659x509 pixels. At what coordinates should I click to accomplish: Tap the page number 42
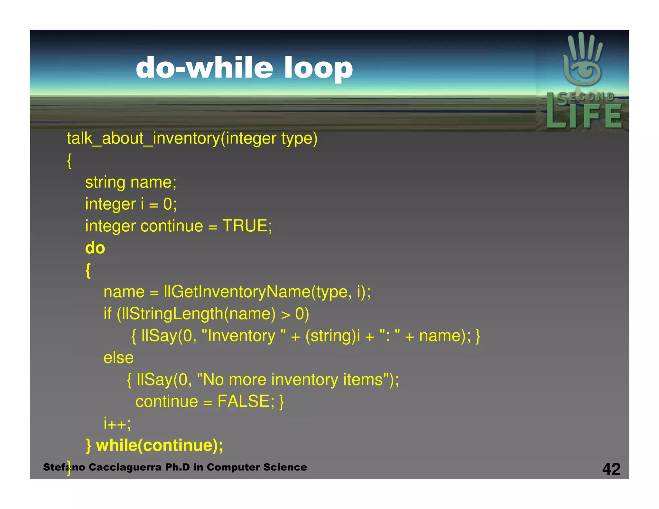[x=611, y=469]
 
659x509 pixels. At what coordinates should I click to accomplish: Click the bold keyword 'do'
[x=95, y=248]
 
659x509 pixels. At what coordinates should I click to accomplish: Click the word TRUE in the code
[x=245, y=226]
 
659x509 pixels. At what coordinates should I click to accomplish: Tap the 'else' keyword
[x=118, y=358]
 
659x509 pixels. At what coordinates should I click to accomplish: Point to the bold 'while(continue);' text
[x=160, y=446]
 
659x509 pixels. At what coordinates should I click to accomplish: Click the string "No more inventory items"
[x=293, y=380]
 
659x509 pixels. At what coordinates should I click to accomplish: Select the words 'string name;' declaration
[x=131, y=182]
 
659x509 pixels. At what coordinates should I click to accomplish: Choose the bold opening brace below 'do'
[x=88, y=270]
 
